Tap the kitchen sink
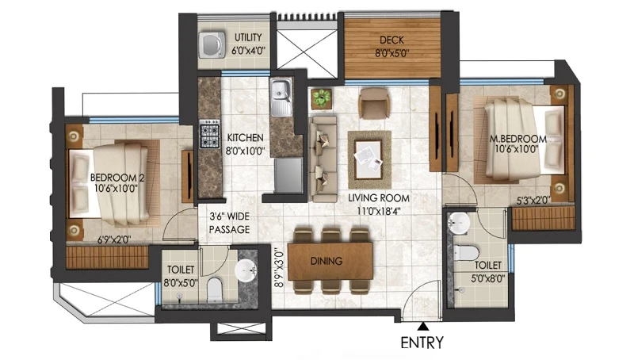click(x=281, y=98)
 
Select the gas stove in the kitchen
click(x=209, y=133)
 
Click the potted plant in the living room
click(x=322, y=98)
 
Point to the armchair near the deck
click(x=374, y=104)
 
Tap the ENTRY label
click(x=422, y=343)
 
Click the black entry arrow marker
click(x=423, y=326)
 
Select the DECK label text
click(x=391, y=40)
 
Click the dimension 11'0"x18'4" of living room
click(x=379, y=211)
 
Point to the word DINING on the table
click(x=327, y=261)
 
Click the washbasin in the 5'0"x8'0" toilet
click(x=459, y=223)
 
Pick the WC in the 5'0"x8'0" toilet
click(x=466, y=253)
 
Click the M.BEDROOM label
click(x=518, y=139)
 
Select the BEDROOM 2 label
click(x=117, y=177)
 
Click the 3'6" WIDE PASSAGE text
click(x=229, y=223)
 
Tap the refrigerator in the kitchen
click(x=288, y=175)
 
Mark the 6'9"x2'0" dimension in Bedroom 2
click(x=114, y=239)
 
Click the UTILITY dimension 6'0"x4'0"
click(x=248, y=51)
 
